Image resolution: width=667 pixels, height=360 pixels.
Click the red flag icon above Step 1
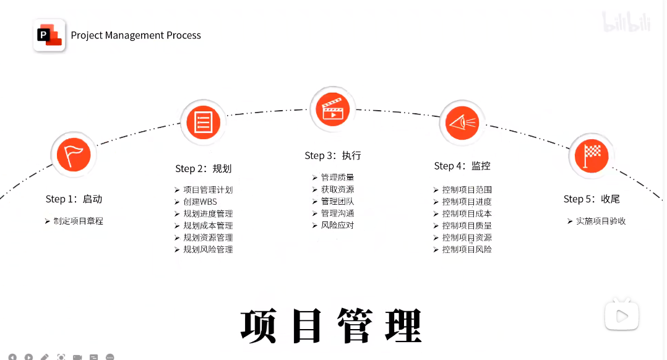pyautogui.click(x=74, y=155)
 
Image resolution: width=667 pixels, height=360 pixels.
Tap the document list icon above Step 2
pyautogui.click(x=203, y=121)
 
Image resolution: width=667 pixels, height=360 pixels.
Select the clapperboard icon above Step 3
pyautogui.click(x=333, y=109)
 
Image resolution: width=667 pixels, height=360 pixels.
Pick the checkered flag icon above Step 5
pyautogui.click(x=592, y=155)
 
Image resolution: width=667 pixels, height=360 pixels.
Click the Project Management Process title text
pyautogui.click(x=136, y=35)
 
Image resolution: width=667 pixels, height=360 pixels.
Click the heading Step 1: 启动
pyautogui.click(x=74, y=199)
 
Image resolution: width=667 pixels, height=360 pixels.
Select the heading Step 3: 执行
pyautogui.click(x=333, y=156)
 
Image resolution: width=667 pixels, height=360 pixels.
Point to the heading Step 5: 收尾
pyautogui.click(x=592, y=199)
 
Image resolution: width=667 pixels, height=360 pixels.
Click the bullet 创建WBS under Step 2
pyautogui.click(x=200, y=202)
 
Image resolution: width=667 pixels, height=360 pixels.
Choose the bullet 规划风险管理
pyautogui.click(x=208, y=250)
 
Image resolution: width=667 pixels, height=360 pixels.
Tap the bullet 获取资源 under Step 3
pyautogui.click(x=337, y=190)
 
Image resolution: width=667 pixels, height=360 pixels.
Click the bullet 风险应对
pyautogui.click(x=337, y=226)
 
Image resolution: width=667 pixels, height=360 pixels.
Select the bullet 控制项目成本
pyautogui.click(x=467, y=214)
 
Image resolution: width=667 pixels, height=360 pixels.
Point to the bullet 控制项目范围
pyautogui.click(x=467, y=190)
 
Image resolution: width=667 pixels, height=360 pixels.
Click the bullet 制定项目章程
pyautogui.click(x=78, y=221)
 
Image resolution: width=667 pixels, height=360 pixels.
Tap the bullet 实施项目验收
pyautogui.click(x=601, y=221)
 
